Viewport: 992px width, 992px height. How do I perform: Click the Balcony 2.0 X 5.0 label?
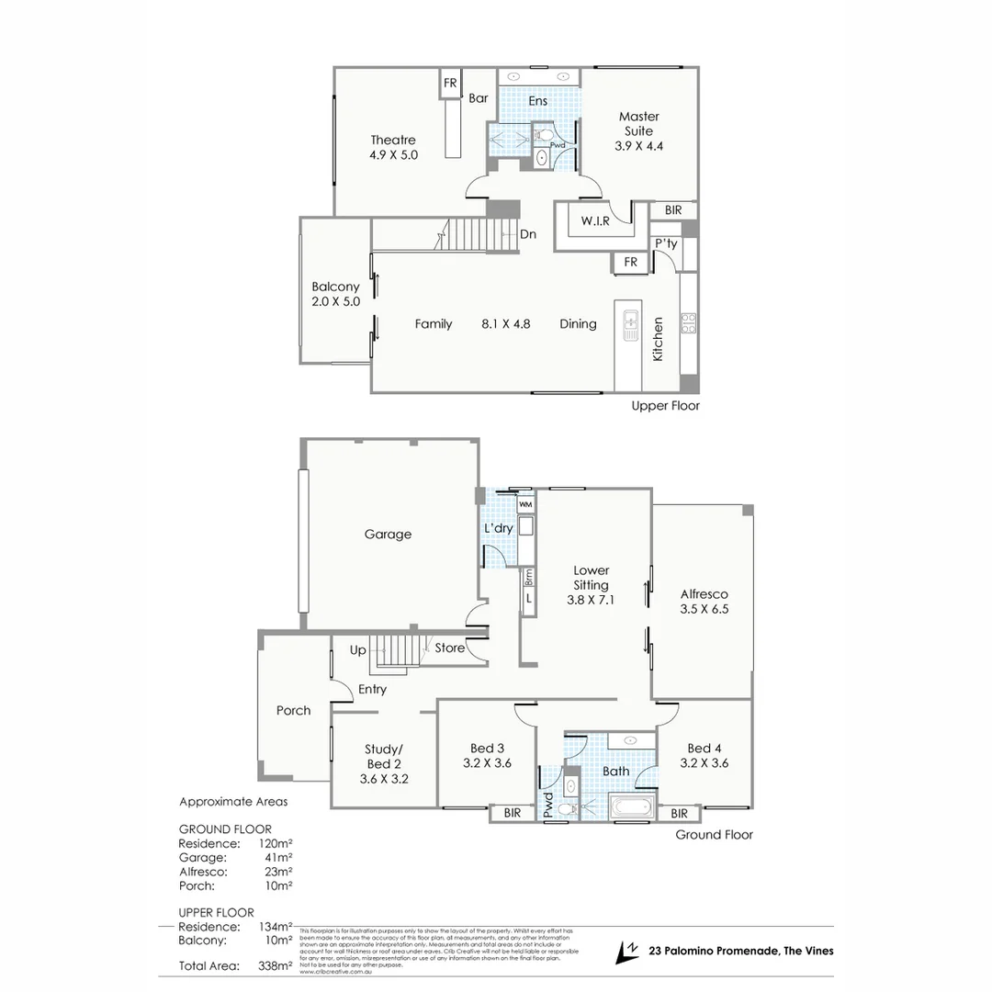(335, 294)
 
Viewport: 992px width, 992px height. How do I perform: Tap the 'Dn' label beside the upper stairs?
(528, 234)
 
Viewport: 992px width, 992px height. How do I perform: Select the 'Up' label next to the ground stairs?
(358, 649)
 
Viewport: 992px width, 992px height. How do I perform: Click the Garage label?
(388, 534)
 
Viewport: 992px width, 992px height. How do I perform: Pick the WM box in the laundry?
(525, 505)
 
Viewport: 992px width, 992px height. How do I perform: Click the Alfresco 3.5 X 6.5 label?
(705, 601)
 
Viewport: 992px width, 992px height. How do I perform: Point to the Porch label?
(293, 710)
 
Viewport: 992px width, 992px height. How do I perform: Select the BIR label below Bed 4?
(679, 814)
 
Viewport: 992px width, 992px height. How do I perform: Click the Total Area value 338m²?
(276, 965)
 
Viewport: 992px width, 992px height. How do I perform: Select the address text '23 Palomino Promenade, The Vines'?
(741, 951)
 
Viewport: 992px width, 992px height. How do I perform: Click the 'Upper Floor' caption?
(666, 405)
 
